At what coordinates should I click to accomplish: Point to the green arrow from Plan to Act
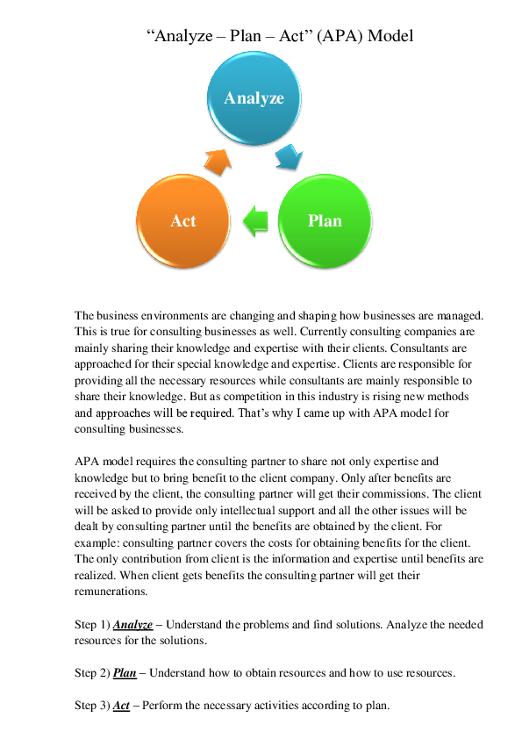(x=255, y=219)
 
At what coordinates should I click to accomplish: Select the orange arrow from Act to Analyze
(x=218, y=159)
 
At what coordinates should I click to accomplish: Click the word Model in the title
(x=390, y=36)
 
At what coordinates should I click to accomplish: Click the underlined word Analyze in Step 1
(x=132, y=624)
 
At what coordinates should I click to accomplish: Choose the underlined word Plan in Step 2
(x=125, y=672)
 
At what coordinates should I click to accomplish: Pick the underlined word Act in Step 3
(x=121, y=706)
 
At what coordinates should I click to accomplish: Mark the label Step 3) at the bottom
(x=92, y=706)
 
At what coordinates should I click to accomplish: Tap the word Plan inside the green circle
(x=325, y=220)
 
